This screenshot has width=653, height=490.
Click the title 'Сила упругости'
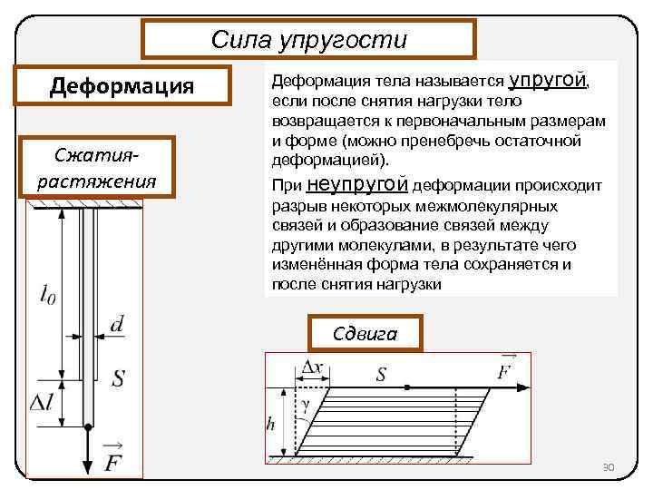[308, 40]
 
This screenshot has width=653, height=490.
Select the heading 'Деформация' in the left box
[122, 87]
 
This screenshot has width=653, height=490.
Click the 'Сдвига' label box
[365, 333]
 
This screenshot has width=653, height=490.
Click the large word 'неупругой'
[358, 186]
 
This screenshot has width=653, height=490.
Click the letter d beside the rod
[118, 324]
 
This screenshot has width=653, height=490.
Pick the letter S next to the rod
[118, 378]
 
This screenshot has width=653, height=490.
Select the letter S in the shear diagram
[381, 374]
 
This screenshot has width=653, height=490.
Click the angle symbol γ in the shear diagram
[306, 407]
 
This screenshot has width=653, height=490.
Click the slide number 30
[609, 467]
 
